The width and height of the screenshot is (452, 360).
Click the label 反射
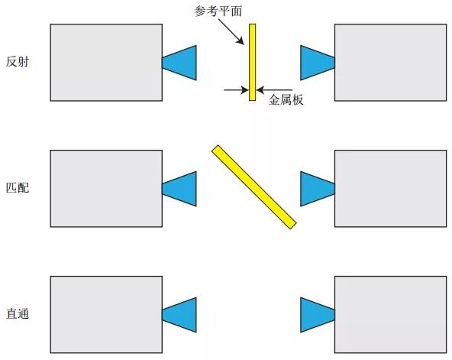point(18,62)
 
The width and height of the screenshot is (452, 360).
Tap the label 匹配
point(18,188)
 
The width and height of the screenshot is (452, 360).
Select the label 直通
point(18,314)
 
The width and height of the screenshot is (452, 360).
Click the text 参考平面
point(218,11)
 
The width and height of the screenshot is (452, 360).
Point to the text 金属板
point(286,100)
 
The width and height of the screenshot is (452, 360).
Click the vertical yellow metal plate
point(253,63)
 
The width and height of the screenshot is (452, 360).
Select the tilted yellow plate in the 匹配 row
point(254,187)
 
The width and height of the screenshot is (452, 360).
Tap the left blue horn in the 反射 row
point(179,63)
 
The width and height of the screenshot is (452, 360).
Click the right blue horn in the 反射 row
point(318,63)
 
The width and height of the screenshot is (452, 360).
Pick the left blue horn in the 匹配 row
point(179,189)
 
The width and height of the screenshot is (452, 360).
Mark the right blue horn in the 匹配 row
point(318,189)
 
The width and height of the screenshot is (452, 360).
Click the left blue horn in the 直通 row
point(179,315)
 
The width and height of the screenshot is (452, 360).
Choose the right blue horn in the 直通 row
point(318,315)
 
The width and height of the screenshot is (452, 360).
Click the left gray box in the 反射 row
point(106,63)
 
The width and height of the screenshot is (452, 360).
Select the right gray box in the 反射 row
point(391,63)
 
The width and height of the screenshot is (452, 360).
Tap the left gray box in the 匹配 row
point(106,189)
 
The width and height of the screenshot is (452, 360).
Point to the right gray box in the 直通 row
point(391,315)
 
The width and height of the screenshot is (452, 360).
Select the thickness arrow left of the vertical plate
point(237,90)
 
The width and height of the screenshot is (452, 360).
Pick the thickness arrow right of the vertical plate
point(274,90)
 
